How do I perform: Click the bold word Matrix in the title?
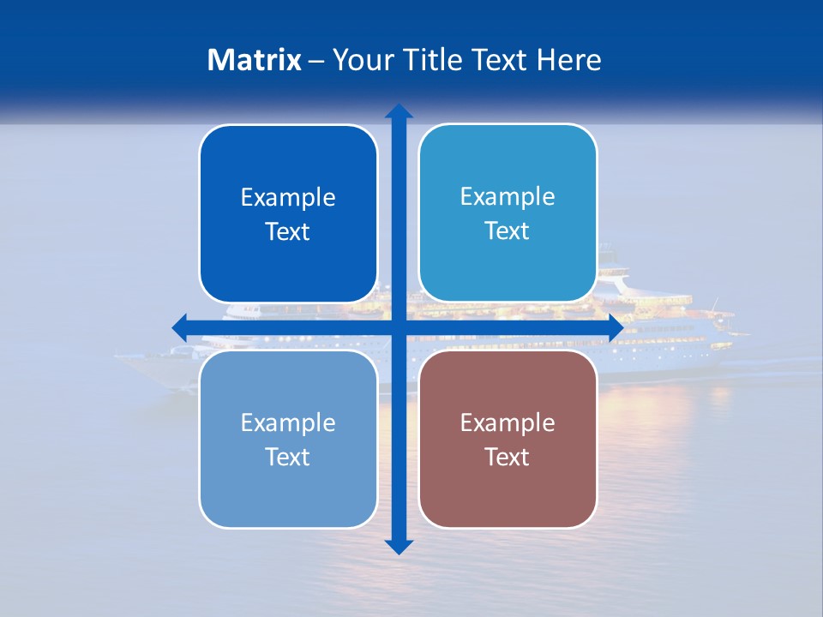tap(255, 60)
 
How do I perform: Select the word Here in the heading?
tap(569, 60)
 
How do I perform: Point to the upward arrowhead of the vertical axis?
tap(399, 111)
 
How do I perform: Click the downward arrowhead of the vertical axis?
tap(399, 547)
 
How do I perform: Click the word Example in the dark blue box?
tap(288, 198)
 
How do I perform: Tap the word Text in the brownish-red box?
tap(508, 457)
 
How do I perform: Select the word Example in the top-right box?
tap(508, 197)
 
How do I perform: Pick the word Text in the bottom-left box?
tap(288, 457)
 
